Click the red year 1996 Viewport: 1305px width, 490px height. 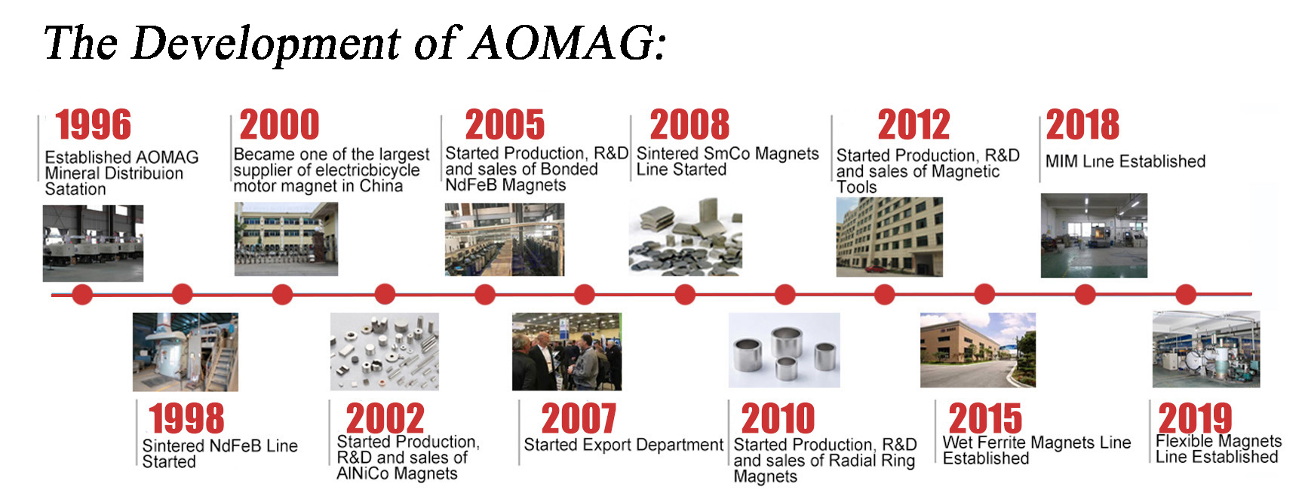(93, 124)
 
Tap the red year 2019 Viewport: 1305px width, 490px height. (1195, 418)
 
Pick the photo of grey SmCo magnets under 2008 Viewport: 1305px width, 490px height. (685, 236)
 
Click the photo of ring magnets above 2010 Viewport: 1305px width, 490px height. (784, 351)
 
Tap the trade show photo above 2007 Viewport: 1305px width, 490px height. (567, 351)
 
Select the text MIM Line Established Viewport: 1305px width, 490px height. (1125, 161)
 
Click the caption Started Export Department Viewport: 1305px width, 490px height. (623, 445)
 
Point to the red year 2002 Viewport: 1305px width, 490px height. (385, 418)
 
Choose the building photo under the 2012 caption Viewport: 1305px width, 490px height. (889, 237)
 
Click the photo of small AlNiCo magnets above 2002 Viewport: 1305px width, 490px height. (385, 351)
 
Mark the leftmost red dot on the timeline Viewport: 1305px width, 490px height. (82, 294)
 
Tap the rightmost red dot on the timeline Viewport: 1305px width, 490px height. (1186, 294)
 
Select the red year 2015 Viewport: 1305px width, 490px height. (985, 418)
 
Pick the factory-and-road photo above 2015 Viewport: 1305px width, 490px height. (978, 351)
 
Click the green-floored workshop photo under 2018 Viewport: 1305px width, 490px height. (1094, 235)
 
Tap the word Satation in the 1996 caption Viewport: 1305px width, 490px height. (75, 189)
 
